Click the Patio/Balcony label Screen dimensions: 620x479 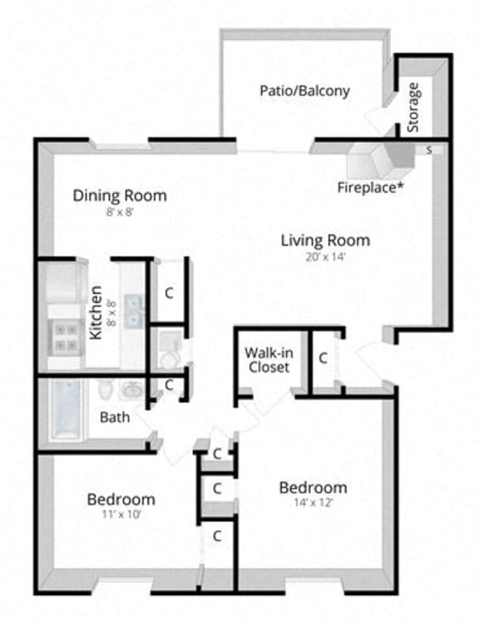tap(304, 91)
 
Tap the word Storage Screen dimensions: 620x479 tap(413, 107)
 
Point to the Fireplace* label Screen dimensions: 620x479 tap(370, 187)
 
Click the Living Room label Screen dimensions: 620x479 tap(324, 241)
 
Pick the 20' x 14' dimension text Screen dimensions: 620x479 tap(324, 257)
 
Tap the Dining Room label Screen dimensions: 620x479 tap(120, 196)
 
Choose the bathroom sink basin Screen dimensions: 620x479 tap(132, 390)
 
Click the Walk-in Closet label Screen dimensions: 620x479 tap(267, 359)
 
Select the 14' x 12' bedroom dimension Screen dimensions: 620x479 tap(313, 503)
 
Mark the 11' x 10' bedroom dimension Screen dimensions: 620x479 tap(121, 515)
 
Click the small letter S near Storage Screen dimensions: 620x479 tap(429, 151)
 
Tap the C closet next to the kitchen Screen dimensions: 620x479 tap(169, 293)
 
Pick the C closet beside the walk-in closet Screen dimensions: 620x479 tap(323, 358)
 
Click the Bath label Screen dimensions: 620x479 tap(115, 417)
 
